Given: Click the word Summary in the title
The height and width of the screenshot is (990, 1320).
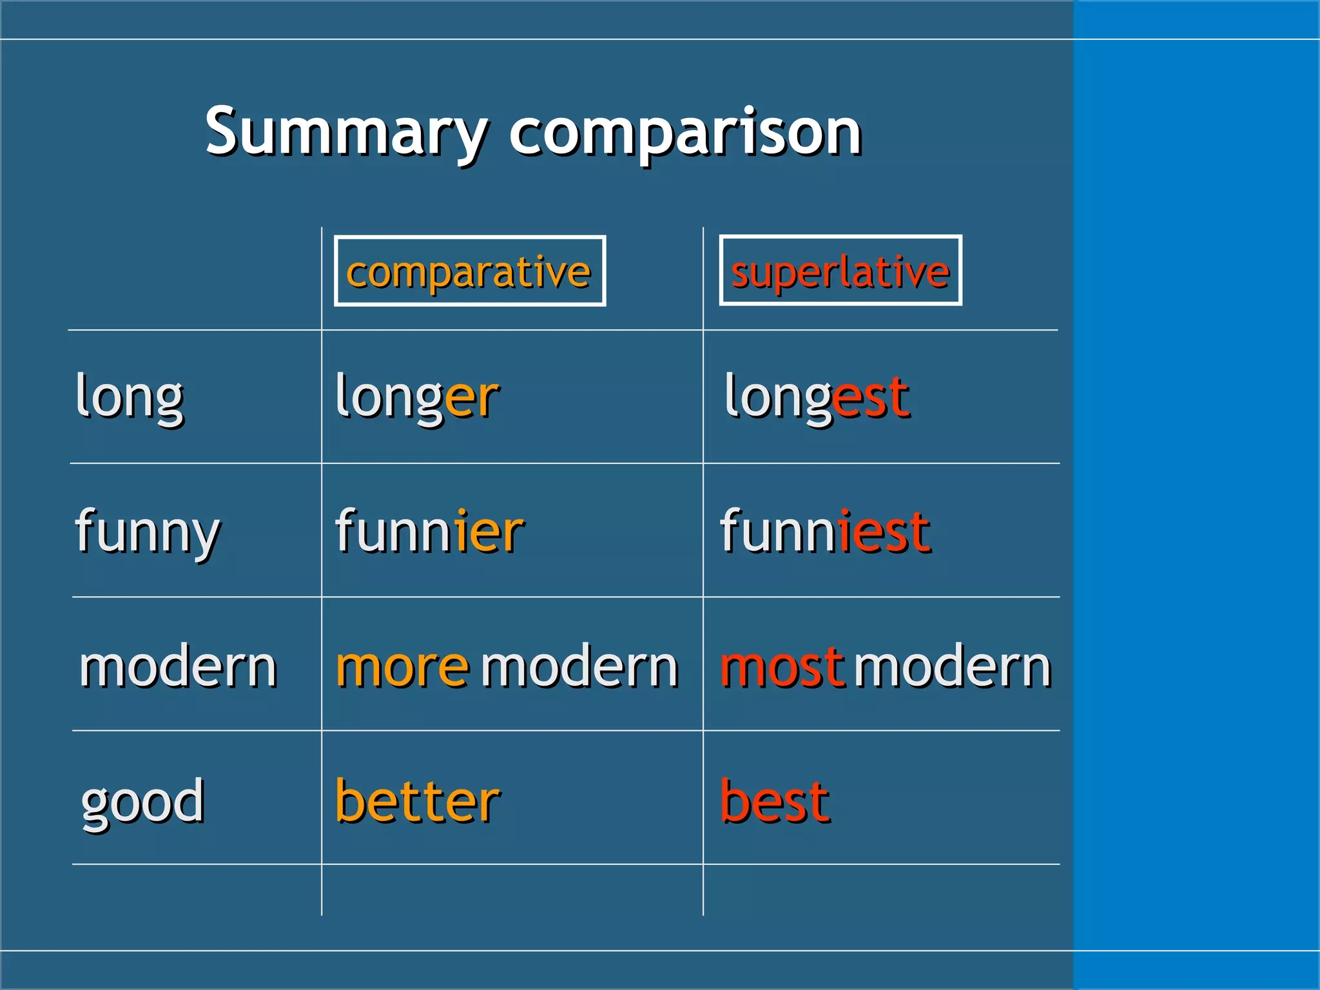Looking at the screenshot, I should pos(346,132).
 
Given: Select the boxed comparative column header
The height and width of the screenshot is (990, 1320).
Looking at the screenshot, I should pos(469,271).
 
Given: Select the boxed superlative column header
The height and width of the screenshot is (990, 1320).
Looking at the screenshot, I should pos(840,271).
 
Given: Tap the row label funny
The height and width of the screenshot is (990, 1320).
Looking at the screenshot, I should pos(148,532).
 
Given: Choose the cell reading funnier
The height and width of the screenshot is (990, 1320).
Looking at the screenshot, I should pos(429,532).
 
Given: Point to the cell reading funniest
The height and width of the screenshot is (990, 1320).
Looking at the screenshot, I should pos(825,532).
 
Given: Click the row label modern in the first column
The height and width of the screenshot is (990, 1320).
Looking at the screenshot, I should pos(178,667).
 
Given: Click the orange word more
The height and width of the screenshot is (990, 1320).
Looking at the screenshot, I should pos(402,667).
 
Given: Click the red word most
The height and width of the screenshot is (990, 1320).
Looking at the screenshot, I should pos(781,667).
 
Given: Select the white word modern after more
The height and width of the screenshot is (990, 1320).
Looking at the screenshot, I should pos(579,667).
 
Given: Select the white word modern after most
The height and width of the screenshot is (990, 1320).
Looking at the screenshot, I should pos(953,667).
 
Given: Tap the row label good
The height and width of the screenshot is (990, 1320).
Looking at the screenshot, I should pos(142,801).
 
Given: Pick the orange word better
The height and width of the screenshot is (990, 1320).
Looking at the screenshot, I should pos(418,801).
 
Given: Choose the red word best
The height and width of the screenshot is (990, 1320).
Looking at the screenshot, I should pos(775,801).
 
